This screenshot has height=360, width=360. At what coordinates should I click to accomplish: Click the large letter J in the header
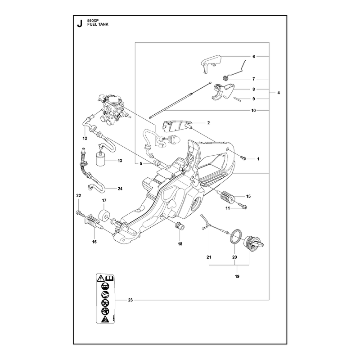click(x=80, y=23)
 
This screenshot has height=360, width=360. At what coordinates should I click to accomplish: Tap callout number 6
click(x=254, y=57)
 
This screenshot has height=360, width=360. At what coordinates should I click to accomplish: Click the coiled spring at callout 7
click(x=226, y=78)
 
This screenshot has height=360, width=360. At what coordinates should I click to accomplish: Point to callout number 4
click(x=279, y=93)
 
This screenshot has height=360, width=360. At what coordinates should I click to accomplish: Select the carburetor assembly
click(x=112, y=108)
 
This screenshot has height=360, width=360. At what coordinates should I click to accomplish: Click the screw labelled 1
click(x=243, y=158)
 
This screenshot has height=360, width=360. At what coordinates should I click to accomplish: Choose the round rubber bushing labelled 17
click(x=104, y=215)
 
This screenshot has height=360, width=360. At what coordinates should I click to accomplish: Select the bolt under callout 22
click(x=80, y=214)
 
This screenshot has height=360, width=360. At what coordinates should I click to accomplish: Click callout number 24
click(x=120, y=189)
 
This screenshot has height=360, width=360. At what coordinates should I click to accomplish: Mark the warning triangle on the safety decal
click(x=100, y=279)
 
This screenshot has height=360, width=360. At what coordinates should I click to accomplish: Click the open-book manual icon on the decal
click(x=109, y=279)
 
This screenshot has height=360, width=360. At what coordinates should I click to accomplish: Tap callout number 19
click(x=237, y=276)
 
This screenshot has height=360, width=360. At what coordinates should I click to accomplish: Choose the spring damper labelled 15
click(x=228, y=197)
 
